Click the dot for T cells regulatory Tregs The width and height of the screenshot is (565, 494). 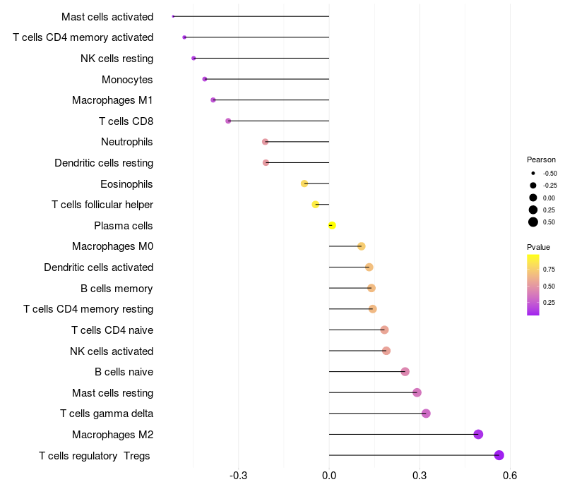[499, 455]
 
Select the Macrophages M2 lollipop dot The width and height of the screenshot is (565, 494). [478, 434]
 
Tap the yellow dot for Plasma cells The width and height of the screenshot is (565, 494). [332, 226]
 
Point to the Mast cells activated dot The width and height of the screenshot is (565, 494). [173, 16]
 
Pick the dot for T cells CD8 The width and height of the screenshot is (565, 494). [228, 121]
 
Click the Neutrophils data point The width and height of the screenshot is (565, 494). [266, 142]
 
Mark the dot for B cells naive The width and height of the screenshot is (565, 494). [405, 372]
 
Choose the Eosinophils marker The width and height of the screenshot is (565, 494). [304, 183]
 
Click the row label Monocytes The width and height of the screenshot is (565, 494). [127, 79]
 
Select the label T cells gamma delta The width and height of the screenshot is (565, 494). [107, 414]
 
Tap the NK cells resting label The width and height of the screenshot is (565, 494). [117, 58]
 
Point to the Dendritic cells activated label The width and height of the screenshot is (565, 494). [99, 267]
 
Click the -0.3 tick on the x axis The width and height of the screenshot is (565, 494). [239, 476]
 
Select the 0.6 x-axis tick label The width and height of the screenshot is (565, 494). [510, 476]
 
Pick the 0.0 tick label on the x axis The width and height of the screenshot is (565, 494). [329, 476]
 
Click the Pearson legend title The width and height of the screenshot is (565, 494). [541, 159]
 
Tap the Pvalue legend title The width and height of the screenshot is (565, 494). [538, 247]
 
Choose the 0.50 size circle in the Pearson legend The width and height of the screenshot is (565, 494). [533, 222]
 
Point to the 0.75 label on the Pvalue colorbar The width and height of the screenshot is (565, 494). [549, 269]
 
